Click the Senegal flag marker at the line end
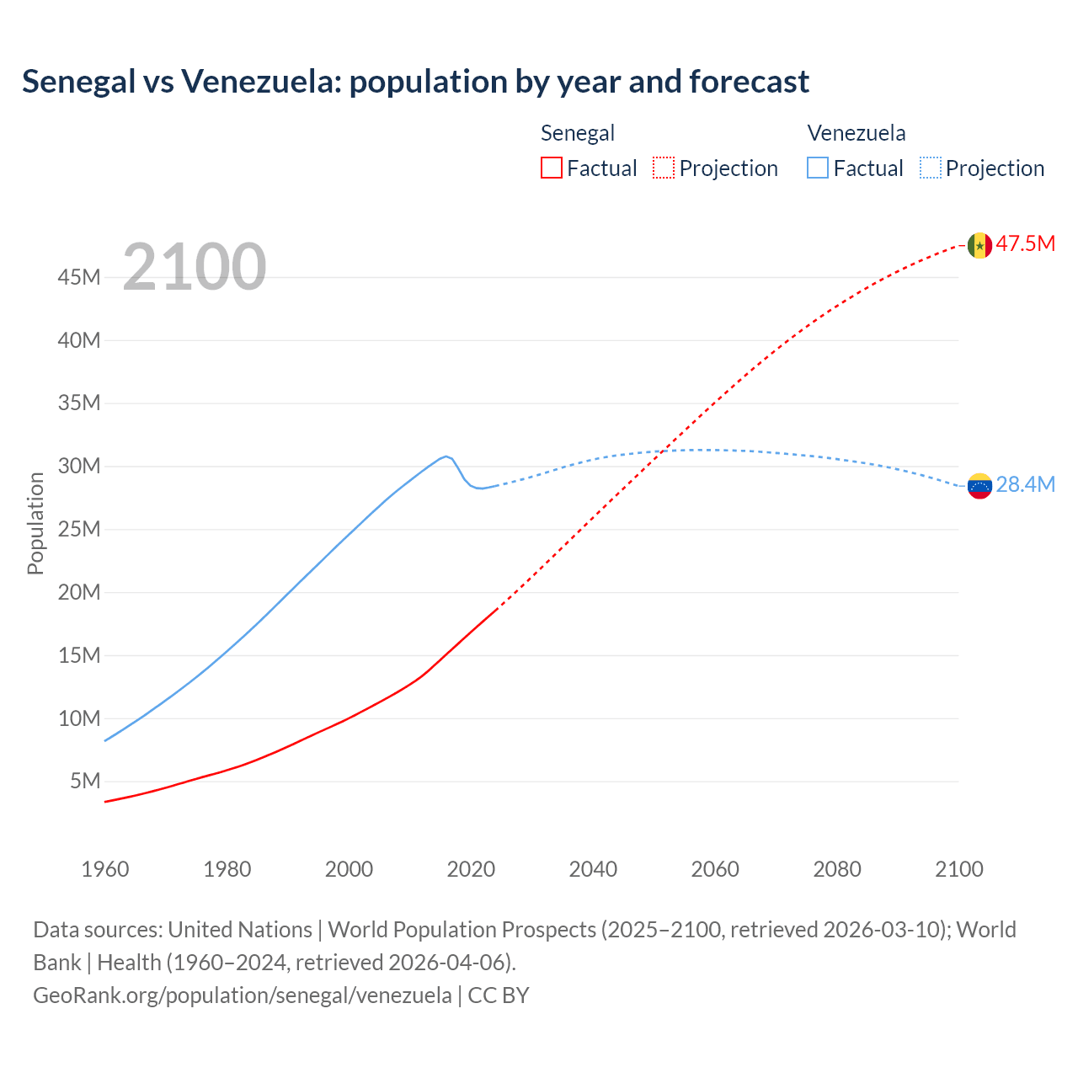tap(979, 245)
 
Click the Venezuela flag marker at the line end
tap(979, 486)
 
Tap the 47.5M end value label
tap(1025, 244)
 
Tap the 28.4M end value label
tap(1025, 484)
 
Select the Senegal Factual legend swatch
tap(551, 168)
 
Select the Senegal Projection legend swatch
tap(664, 168)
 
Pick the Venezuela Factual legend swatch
tap(817, 168)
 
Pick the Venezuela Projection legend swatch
tap(930, 168)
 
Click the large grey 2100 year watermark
tap(195, 267)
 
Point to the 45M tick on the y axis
tap(79, 277)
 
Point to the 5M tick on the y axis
tap(85, 781)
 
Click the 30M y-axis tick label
tap(79, 466)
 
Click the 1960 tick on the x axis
tap(105, 869)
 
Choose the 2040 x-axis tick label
tap(593, 869)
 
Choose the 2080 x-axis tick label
tap(837, 869)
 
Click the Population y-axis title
tap(35, 523)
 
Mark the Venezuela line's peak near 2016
tap(446, 456)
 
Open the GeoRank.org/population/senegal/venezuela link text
tap(243, 995)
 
